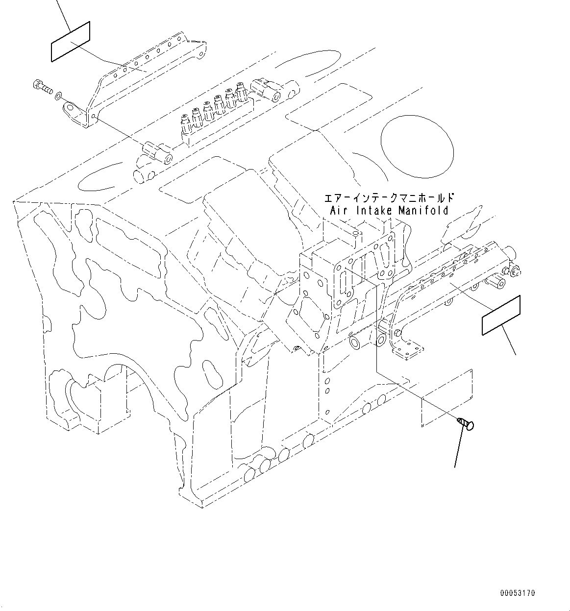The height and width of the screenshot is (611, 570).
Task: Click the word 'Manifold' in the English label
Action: tap(423, 211)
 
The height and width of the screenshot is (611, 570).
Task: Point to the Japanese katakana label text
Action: tap(389, 198)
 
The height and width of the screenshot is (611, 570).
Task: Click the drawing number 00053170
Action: tap(518, 593)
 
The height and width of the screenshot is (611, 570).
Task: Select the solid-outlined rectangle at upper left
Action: tap(71, 42)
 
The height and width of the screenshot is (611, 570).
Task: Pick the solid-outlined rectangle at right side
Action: tap(501, 316)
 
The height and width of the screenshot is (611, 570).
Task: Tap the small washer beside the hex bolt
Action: tap(59, 94)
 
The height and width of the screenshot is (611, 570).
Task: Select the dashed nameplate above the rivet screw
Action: tap(446, 397)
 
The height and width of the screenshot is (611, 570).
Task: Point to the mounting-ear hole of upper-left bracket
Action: tap(68, 106)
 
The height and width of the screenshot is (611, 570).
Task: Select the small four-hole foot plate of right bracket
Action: tap(408, 349)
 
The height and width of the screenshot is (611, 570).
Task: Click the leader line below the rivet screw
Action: tap(459, 448)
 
